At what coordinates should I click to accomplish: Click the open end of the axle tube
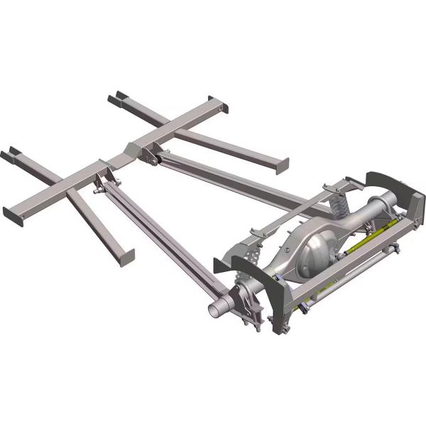[215, 311]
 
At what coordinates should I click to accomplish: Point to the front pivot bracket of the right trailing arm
[153, 155]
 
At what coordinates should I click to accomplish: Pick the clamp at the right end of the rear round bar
[395, 249]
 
